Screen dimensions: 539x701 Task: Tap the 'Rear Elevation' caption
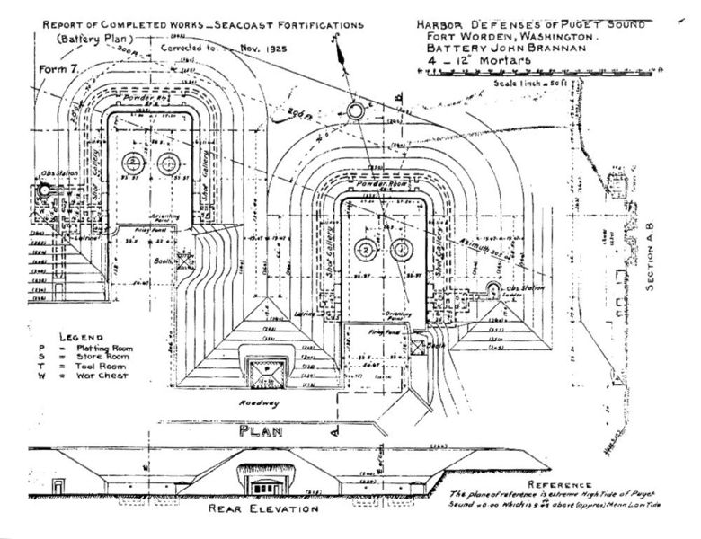262,509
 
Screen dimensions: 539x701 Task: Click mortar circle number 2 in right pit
366,249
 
